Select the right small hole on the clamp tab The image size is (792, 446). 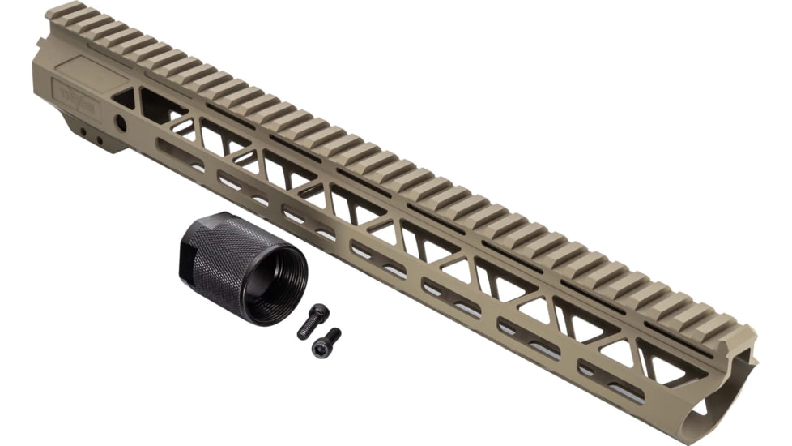pyautogui.click(x=100, y=139)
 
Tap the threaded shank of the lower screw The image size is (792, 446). pyautogui.click(x=332, y=335)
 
